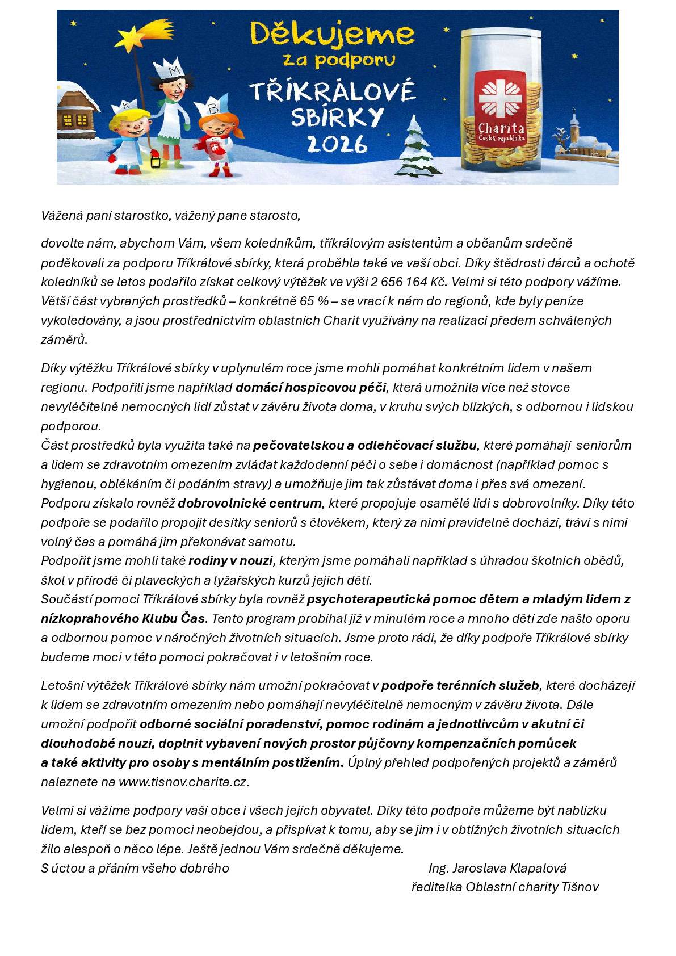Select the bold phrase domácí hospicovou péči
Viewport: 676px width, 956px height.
point(310,388)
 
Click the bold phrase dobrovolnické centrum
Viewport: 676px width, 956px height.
point(250,504)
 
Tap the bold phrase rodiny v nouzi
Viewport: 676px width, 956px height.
point(230,561)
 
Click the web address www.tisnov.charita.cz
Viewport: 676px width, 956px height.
point(182,782)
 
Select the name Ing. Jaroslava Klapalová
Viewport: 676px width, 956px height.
point(497,868)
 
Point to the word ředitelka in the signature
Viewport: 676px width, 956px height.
point(436,887)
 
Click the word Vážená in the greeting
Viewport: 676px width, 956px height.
point(62,216)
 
